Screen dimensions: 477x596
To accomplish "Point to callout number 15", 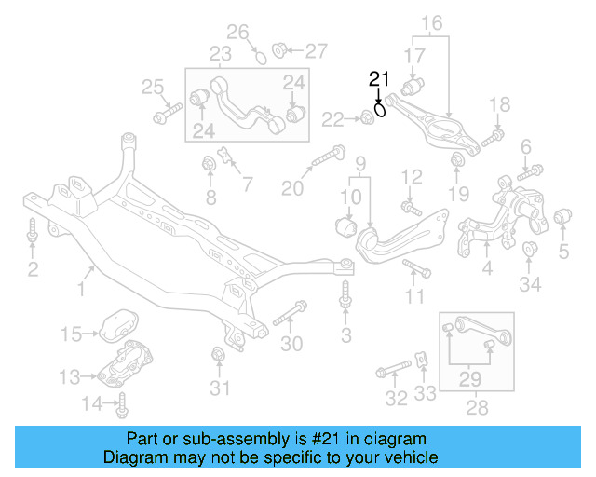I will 72,333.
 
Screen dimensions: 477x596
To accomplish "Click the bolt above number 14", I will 123,403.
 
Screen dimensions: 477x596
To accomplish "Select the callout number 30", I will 291,344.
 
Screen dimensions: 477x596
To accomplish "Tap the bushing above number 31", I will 219,355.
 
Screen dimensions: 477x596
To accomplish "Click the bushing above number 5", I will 562,219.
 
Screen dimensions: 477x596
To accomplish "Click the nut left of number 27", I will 278,48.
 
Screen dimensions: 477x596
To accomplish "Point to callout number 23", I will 220,53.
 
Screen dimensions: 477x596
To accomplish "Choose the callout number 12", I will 413,174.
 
